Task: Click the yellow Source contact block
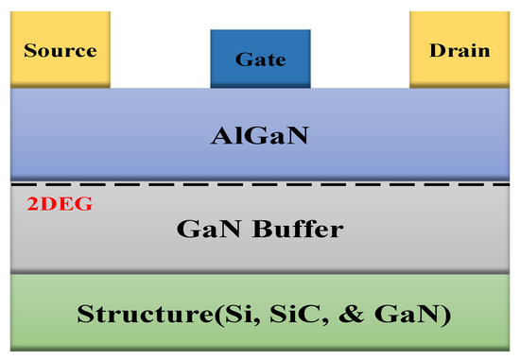click(x=59, y=47)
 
